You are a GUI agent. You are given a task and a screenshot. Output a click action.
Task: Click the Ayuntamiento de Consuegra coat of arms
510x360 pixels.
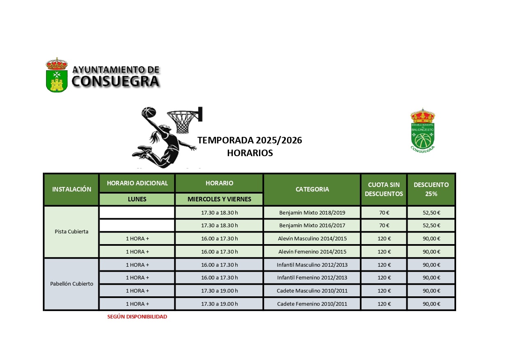pyautogui.click(x=56, y=75)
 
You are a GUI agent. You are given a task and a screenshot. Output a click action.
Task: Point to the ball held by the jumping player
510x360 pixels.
pyautogui.click(x=148, y=113)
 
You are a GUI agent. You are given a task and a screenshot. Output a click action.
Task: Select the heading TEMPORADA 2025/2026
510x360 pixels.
pyautogui.click(x=250, y=141)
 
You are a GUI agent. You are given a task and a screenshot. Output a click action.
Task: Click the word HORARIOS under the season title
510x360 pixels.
pyautogui.click(x=250, y=153)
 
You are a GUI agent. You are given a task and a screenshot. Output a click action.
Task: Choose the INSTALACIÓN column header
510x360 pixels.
pyautogui.click(x=72, y=189)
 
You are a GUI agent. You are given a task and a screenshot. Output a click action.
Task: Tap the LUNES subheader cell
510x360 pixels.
pyautogui.click(x=137, y=199)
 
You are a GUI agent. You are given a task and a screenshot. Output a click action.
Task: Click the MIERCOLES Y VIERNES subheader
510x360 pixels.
pyautogui.click(x=219, y=199)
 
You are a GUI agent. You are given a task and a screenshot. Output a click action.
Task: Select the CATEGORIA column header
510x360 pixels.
pyautogui.click(x=312, y=189)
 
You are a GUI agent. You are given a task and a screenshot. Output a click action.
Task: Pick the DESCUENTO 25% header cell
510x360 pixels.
pyautogui.click(x=431, y=189)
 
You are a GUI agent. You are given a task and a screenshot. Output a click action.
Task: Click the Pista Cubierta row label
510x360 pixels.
pyautogui.click(x=72, y=232)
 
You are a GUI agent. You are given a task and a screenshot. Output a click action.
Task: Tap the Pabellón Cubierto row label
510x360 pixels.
pyautogui.click(x=72, y=284)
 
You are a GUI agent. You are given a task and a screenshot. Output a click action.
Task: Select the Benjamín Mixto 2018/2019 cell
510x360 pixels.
pyautogui.click(x=312, y=213)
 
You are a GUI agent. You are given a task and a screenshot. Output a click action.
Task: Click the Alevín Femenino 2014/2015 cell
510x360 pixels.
pyautogui.click(x=312, y=252)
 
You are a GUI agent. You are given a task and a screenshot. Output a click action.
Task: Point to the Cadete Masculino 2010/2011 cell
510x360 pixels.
pyautogui.click(x=312, y=291)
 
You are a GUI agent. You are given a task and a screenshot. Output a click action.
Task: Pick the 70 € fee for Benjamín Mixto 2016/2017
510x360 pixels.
pyautogui.click(x=384, y=226)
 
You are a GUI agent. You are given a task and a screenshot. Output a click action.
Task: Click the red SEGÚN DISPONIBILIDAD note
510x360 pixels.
pyautogui.click(x=137, y=317)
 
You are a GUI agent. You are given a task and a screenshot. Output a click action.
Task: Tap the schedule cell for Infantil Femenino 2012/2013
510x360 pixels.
pyautogui.click(x=219, y=278)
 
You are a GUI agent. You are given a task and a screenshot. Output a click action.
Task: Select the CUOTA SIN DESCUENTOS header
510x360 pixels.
pyautogui.click(x=384, y=189)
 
